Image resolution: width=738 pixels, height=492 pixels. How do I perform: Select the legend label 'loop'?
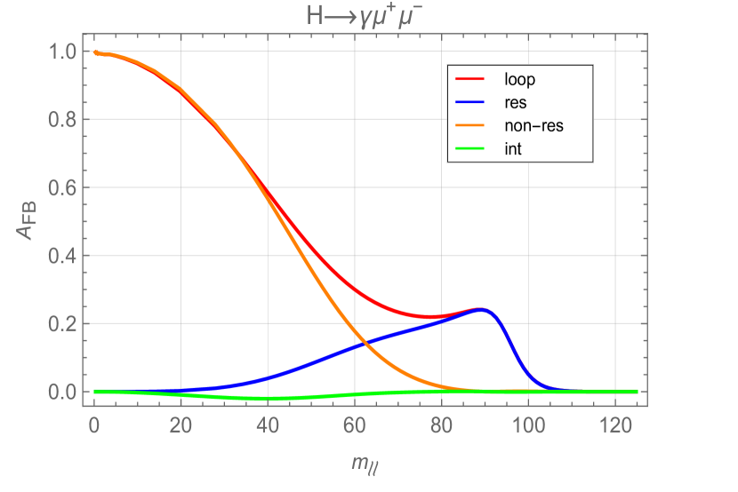[x=519, y=79]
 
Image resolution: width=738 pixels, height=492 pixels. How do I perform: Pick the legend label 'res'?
[x=515, y=102]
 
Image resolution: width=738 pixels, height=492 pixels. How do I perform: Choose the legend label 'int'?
[x=512, y=149]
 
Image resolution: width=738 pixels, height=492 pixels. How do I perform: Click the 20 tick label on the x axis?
[x=180, y=425]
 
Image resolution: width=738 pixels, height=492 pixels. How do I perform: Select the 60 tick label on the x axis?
[x=355, y=425]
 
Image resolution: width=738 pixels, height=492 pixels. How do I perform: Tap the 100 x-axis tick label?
[x=528, y=425]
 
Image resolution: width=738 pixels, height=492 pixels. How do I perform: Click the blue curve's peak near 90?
[x=481, y=309]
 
